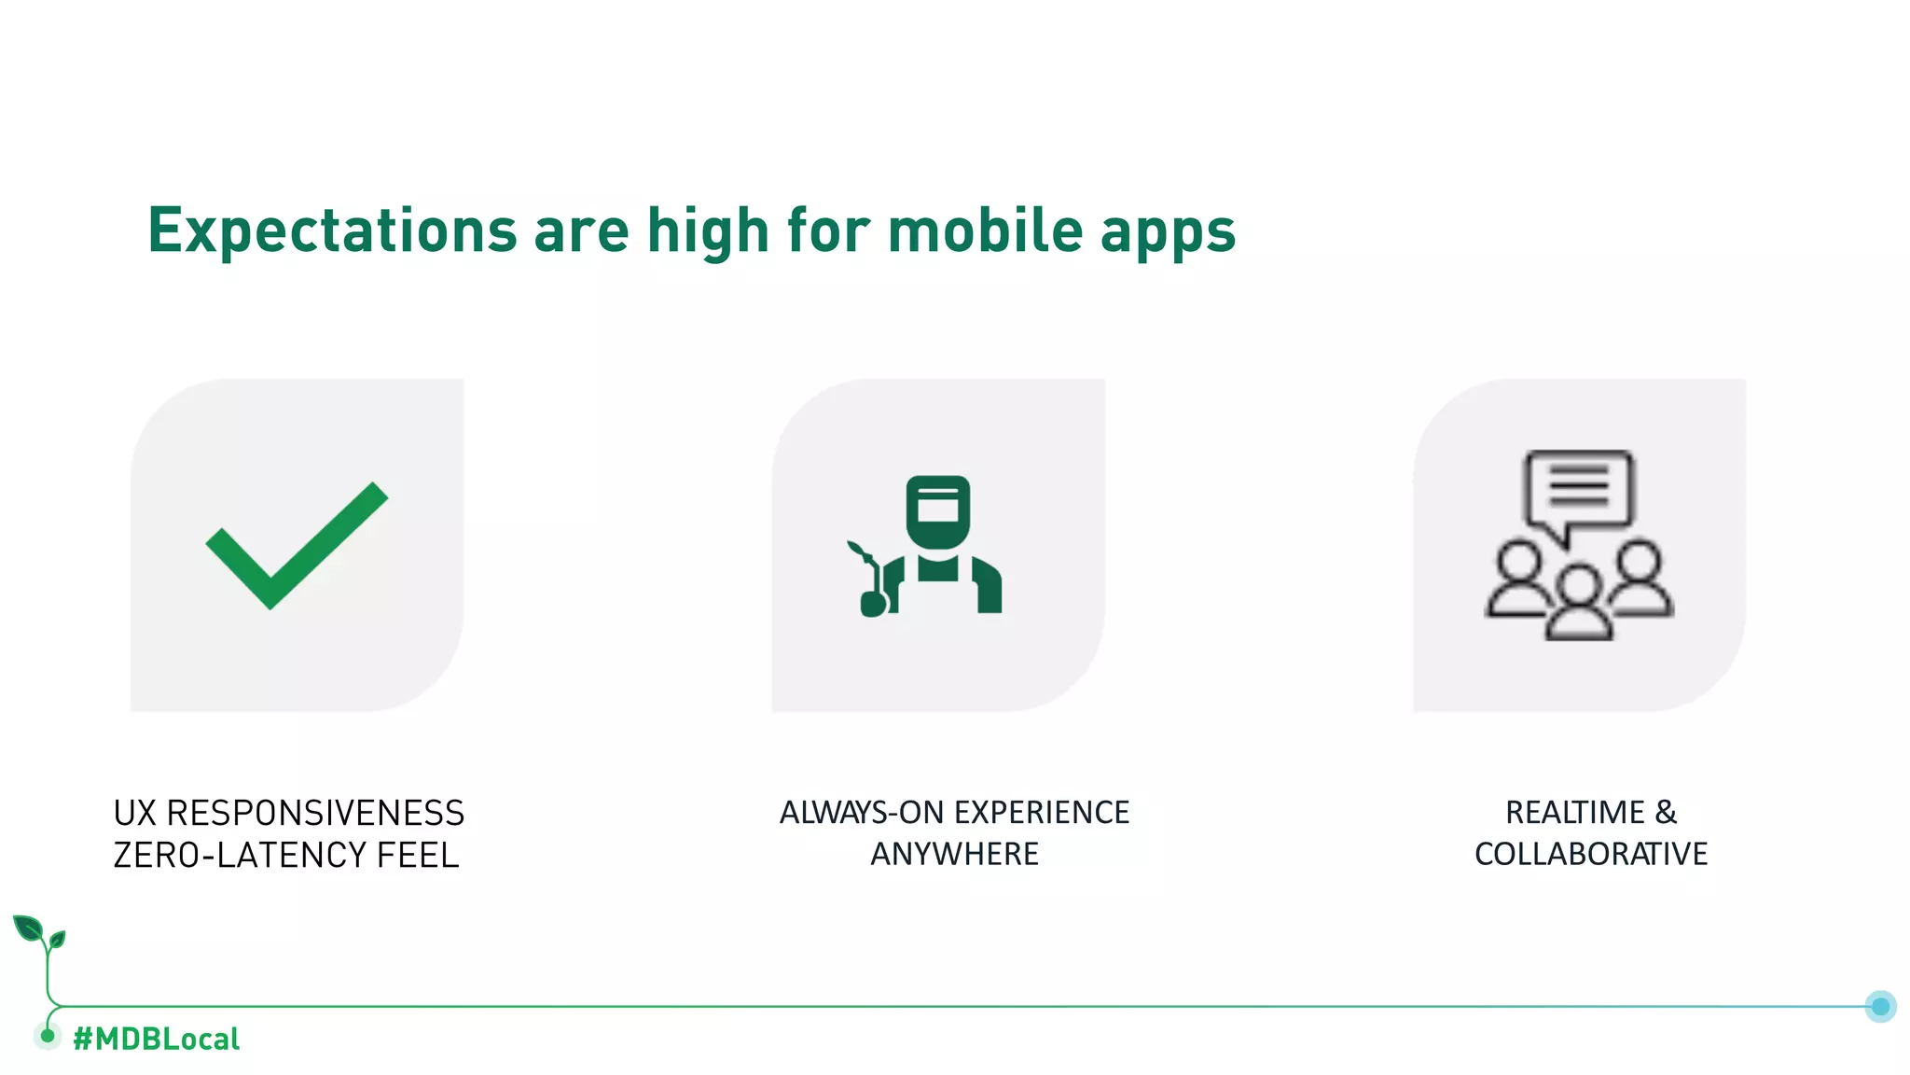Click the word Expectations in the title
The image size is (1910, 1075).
332,230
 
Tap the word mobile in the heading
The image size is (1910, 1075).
985,230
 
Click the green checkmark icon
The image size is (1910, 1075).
296,546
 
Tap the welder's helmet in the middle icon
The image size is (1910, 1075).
937,510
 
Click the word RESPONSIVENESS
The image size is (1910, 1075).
315,814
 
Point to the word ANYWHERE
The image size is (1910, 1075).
954,854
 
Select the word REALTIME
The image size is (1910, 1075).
1574,813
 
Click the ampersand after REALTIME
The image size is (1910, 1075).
1666,813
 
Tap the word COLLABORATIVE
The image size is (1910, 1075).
1590,854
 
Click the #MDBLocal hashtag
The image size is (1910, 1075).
156,1039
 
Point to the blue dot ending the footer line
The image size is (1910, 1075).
1880,1006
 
